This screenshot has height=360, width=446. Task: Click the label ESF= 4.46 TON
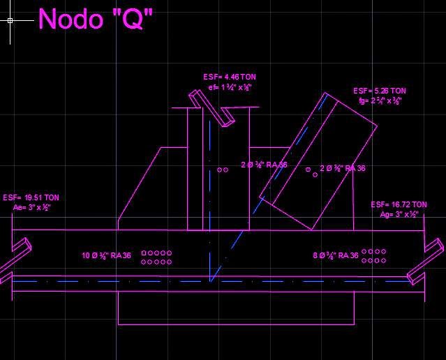pyautogui.click(x=225, y=77)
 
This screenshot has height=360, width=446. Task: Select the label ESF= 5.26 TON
pyautogui.click(x=379, y=91)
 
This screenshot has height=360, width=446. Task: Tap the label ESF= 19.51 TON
pyautogui.click(x=31, y=198)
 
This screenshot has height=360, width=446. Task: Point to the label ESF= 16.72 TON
pyautogui.click(x=399, y=205)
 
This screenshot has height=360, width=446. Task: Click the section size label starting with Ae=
pyautogui.click(x=31, y=208)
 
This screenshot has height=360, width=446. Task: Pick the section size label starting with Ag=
pyautogui.click(x=399, y=215)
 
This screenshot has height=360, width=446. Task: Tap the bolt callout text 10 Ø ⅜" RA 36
pyautogui.click(x=106, y=256)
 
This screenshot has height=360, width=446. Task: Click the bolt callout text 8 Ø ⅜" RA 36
pyautogui.click(x=335, y=256)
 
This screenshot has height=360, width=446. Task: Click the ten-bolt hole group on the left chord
pyautogui.click(x=156, y=257)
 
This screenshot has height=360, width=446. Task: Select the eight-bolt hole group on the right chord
pyautogui.click(x=373, y=256)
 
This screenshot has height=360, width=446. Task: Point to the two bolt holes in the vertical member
pyautogui.click(x=222, y=170)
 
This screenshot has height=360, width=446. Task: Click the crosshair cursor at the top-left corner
pyautogui.click(x=10, y=20)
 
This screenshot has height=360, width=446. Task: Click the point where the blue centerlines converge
pyautogui.click(x=211, y=281)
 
